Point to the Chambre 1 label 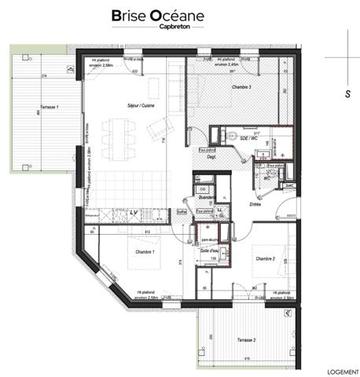pyautogui.click(x=144, y=251)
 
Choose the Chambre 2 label pyautogui.click(x=263, y=258)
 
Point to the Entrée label pyautogui.click(x=254, y=203)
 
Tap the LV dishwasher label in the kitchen pyautogui.click(x=133, y=212)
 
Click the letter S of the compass pyautogui.click(x=347, y=93)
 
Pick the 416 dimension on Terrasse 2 pyautogui.click(x=248, y=360)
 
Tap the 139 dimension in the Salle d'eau pyautogui.click(x=211, y=258)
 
